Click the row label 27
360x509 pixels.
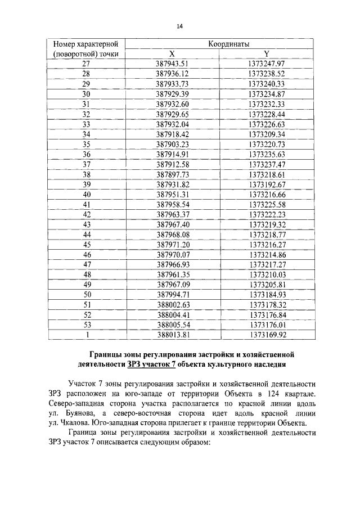coord(86,64)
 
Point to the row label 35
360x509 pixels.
coord(86,145)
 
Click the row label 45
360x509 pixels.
coord(86,245)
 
